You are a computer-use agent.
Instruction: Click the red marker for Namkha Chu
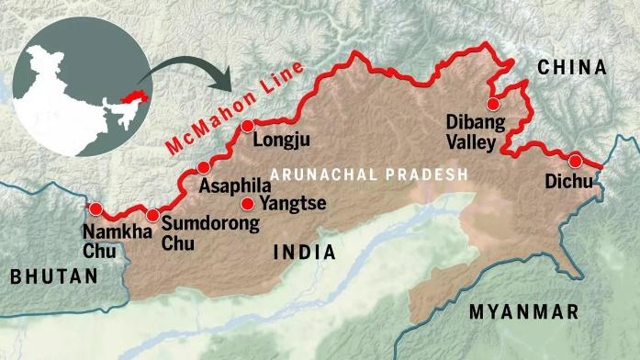pos(95,208)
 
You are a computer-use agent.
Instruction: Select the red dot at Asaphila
pos(203,167)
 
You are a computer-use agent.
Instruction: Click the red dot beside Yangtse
pos(246,204)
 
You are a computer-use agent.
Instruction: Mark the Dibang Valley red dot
pos(494,102)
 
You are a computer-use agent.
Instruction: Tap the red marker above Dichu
pos(576,158)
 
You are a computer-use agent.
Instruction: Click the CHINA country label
pos(573,68)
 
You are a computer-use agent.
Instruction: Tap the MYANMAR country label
pos(524,312)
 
